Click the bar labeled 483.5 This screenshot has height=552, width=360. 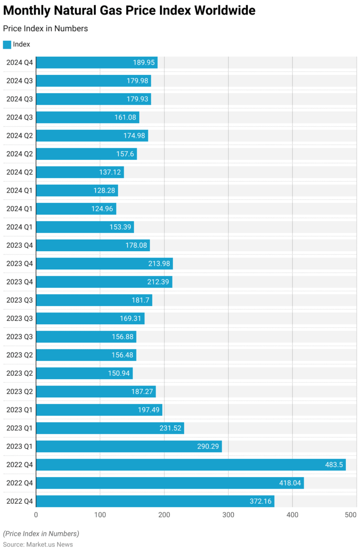(191, 465)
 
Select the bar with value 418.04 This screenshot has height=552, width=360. (170, 483)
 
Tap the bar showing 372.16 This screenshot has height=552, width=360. (155, 501)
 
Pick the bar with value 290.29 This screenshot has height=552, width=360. (129, 447)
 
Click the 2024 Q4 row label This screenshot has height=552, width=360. (20, 63)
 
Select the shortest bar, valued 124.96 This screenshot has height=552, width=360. (76, 209)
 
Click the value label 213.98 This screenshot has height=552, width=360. (158, 264)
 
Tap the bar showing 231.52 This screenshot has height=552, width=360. (110, 428)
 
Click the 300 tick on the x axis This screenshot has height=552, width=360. (228, 515)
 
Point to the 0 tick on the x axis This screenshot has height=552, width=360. (36, 515)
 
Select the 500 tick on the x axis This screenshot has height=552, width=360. (351, 515)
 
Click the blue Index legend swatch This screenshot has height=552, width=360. (7, 45)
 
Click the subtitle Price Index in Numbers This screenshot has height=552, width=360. (45, 29)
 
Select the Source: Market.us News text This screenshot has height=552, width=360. (38, 545)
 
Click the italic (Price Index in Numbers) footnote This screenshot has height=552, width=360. (41, 534)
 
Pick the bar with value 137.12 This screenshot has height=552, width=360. (80, 172)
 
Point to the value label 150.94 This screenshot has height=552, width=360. (118, 373)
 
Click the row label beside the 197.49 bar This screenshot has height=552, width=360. (20, 410)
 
